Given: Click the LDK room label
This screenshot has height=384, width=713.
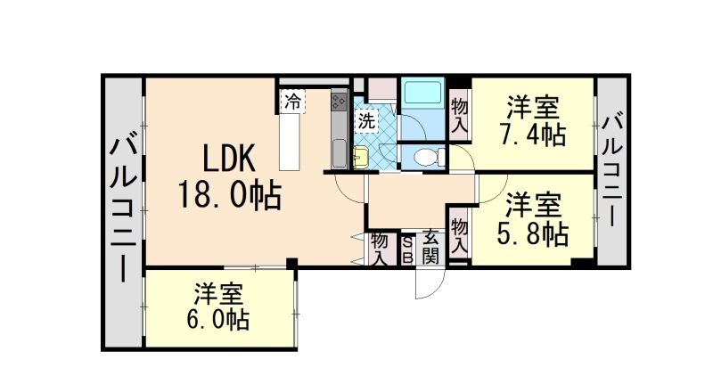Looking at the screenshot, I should coord(229,159).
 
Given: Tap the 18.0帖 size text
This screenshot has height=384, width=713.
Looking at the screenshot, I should coord(229,193).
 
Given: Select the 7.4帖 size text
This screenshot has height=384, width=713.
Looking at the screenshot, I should coord(533,136).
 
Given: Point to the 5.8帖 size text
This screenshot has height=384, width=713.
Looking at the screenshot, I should coord(532,233).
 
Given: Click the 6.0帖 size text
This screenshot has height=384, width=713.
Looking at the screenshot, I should coord(219,318).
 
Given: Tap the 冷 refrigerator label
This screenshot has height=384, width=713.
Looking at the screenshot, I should coord(291,101).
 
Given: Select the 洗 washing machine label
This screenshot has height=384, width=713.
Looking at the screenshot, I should coord(366,120).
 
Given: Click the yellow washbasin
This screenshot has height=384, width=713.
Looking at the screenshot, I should coord(359,159).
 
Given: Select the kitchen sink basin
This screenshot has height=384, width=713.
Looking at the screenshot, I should coord(339,153).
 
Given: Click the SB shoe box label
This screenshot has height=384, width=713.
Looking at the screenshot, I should coord(407,249).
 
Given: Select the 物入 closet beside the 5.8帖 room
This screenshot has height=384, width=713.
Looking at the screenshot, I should coord(459,233).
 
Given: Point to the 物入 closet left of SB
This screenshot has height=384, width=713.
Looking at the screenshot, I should coord(380,249).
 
